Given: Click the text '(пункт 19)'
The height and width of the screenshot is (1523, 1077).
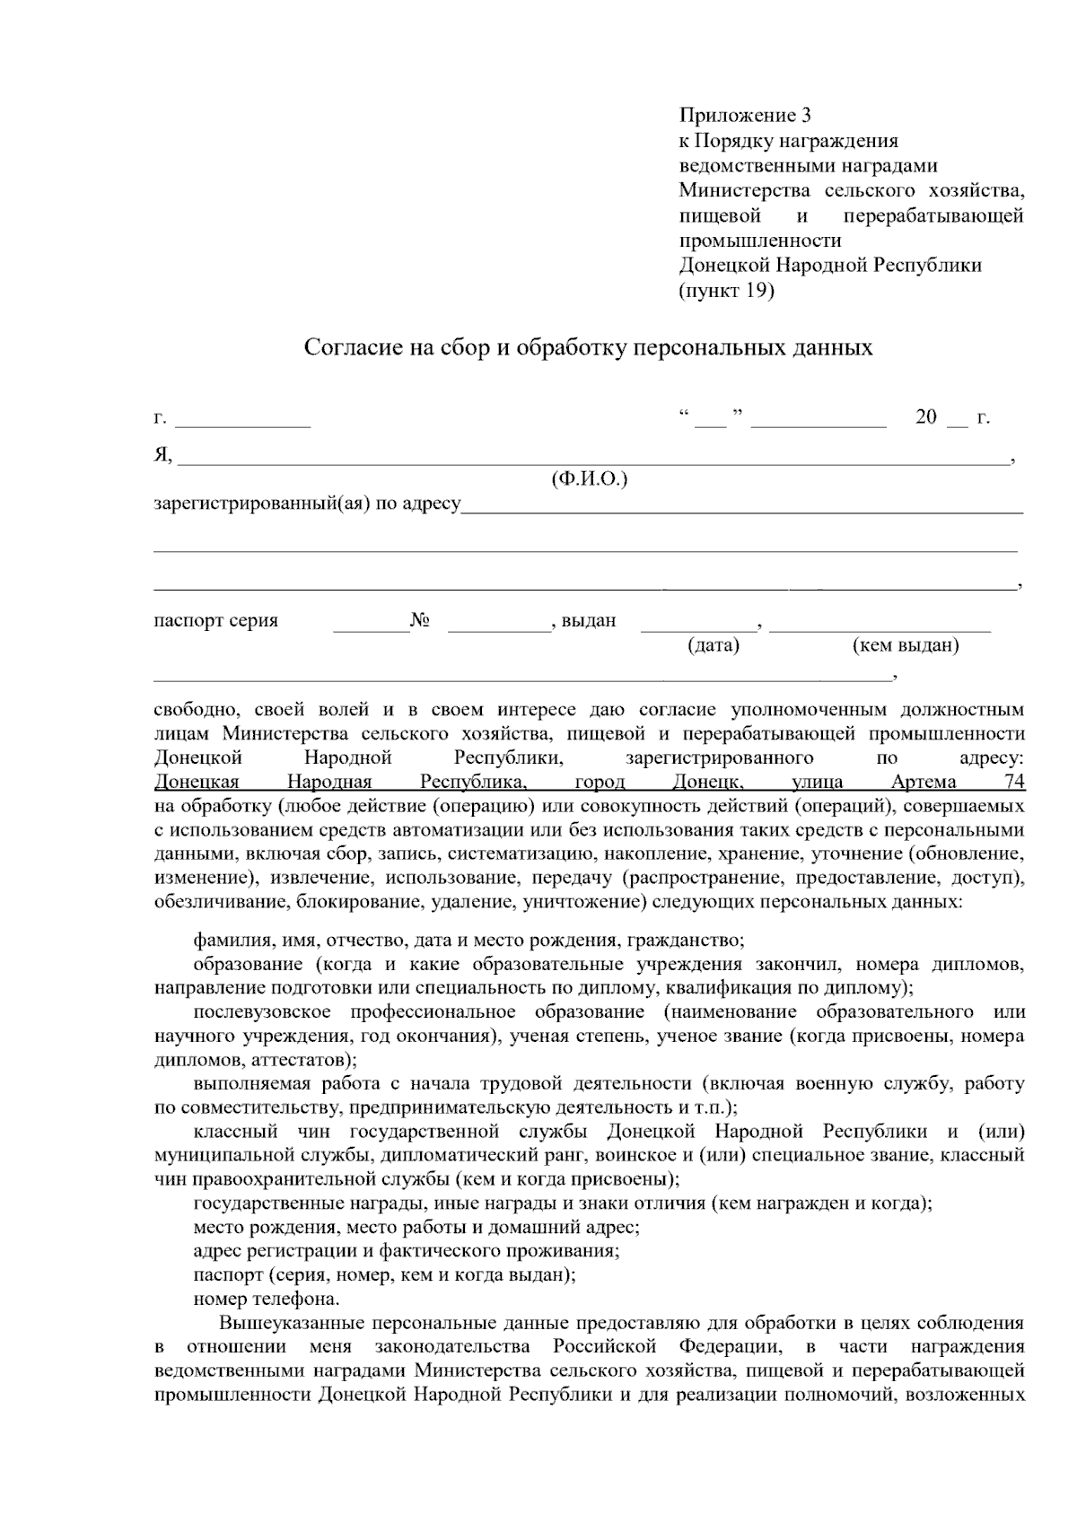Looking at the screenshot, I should point(726,290).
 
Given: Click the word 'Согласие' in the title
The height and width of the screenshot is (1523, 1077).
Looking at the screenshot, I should point(349,347).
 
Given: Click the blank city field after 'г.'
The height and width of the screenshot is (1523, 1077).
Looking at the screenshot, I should point(242,419).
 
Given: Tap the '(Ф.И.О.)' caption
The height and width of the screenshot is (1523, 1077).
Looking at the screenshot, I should point(589,479).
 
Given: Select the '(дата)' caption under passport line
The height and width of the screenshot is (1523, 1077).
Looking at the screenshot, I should point(713,645).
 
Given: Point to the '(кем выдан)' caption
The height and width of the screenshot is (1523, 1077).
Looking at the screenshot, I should point(905,645).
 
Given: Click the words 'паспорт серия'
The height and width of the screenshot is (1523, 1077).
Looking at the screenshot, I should point(215,620).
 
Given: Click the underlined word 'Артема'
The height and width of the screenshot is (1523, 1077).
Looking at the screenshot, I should point(924,782).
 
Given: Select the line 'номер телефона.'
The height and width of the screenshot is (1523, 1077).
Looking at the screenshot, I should point(267,1299).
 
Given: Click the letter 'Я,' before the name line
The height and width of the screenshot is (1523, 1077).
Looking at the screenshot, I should point(162,455).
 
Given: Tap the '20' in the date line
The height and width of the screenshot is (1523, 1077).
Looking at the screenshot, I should point(925,417).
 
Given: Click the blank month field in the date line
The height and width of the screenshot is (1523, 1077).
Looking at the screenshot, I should point(818,419).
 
